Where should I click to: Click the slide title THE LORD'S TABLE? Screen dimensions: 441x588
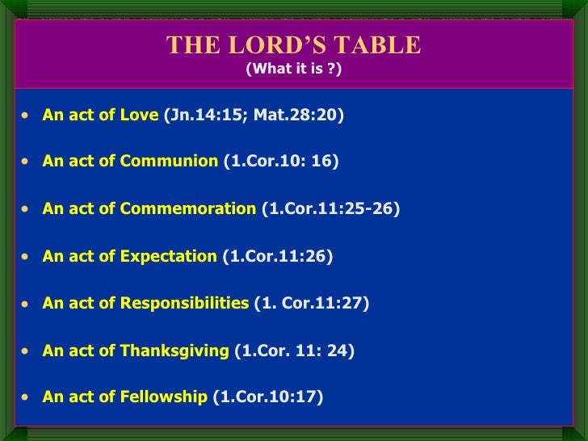293,45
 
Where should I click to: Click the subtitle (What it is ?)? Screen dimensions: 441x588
293,69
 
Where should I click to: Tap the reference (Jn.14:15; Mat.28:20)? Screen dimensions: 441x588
254,115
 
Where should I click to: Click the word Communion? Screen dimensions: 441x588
169,162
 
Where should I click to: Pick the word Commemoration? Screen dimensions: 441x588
187,209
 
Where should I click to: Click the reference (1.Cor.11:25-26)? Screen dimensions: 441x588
330,209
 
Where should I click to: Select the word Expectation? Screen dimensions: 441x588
168,256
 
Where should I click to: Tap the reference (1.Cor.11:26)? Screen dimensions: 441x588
277,256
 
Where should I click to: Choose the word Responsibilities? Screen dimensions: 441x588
184,304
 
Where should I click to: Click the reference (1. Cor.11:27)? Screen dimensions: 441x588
311,304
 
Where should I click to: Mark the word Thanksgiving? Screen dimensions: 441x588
174,351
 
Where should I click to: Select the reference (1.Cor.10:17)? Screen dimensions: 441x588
267,397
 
